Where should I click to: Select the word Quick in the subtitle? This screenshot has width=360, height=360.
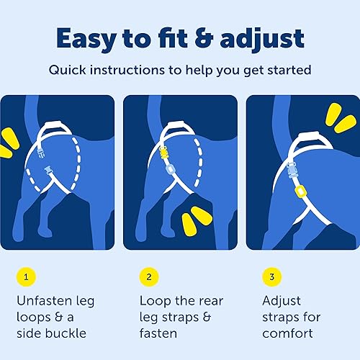click(67, 71)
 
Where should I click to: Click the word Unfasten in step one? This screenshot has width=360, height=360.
click(47, 300)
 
